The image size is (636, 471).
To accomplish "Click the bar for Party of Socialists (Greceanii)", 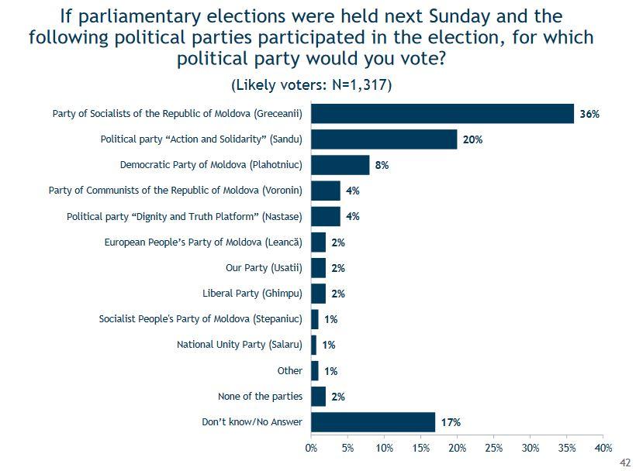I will (442, 114).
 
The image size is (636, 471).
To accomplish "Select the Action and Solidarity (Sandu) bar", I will (384, 139).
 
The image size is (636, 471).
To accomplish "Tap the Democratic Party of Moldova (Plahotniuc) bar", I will (340, 165).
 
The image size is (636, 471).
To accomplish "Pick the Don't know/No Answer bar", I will (373, 422).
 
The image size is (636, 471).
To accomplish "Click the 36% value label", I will (589, 115).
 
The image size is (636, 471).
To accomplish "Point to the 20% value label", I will (472, 140).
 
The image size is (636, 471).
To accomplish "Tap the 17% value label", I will (451, 423).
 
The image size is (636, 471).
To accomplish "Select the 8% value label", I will (382, 166).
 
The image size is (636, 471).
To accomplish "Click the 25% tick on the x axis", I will (493, 448).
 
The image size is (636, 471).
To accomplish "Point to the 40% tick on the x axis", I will (603, 448).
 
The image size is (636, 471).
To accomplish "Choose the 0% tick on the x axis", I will (311, 448).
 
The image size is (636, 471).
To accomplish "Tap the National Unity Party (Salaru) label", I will (239, 345).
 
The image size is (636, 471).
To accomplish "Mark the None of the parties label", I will (260, 397).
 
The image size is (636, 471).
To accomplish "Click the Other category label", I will (289, 371).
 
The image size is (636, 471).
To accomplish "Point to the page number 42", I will (625, 462).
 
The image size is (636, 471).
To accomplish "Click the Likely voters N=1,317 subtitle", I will (311, 84).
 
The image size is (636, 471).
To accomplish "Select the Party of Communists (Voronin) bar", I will (326, 191).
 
